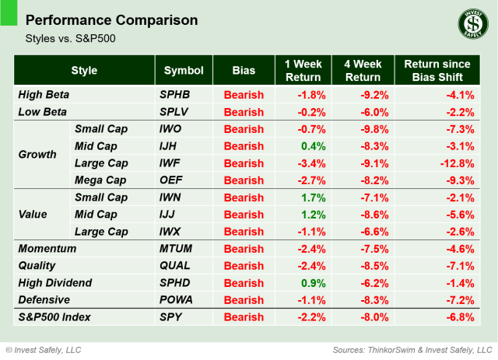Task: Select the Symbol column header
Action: tap(184, 71)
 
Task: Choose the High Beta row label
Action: tap(44, 95)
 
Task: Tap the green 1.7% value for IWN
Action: tap(312, 197)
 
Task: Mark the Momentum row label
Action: tap(47, 249)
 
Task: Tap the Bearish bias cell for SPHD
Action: tap(244, 283)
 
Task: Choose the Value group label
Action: tap(33, 215)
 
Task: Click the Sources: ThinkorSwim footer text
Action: tap(412, 349)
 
